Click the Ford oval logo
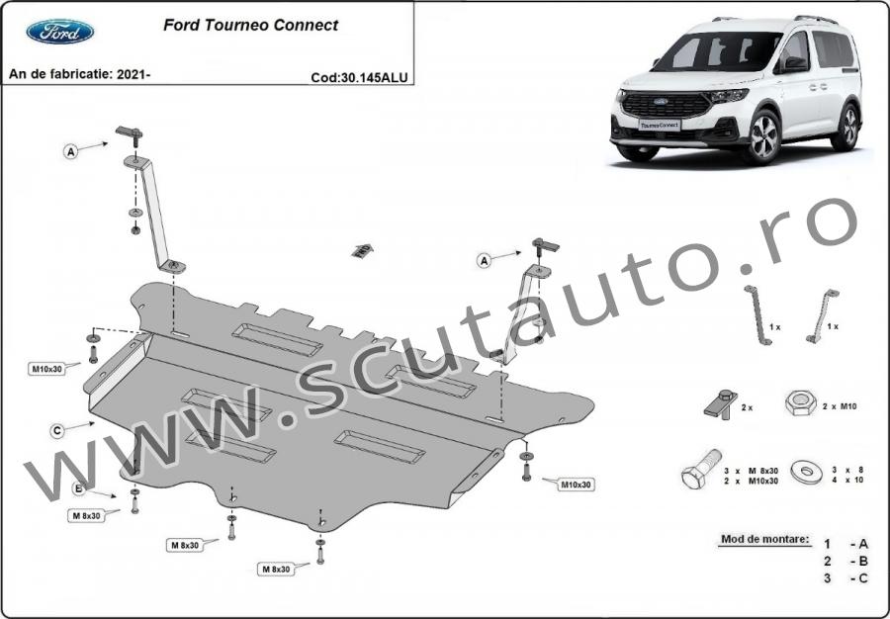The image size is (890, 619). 60,32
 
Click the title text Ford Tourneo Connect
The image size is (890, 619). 250,25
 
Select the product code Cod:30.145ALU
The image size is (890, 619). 359,78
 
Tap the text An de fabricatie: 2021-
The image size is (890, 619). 79,74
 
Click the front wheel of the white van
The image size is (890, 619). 763,136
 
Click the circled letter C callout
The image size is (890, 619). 56,431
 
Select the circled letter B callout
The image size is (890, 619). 79,488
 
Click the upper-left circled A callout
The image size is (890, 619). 70,151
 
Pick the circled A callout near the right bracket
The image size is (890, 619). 484,260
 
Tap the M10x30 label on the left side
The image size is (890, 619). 46,370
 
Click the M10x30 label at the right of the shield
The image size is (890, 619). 576,486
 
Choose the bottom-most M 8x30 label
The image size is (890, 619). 276,570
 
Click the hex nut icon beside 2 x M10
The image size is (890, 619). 801,403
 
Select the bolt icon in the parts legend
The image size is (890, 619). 701,469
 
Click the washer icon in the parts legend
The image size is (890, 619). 807,472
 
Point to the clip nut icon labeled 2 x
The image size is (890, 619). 721,403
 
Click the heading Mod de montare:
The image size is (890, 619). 764,539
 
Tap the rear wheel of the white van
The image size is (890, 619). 848,128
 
